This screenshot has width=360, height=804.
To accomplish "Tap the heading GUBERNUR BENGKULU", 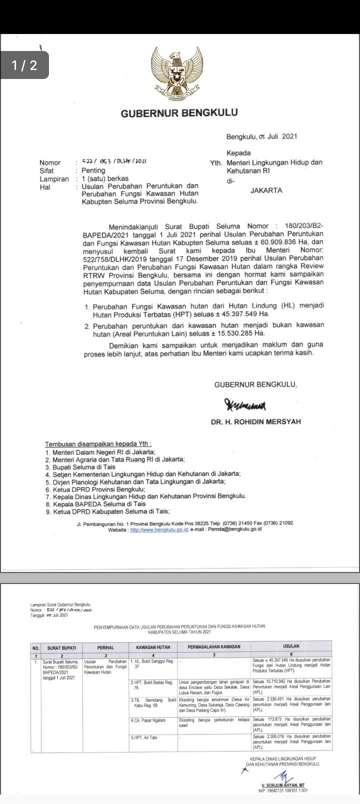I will tap(179, 113).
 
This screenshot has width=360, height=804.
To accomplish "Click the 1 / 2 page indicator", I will tap(24, 65).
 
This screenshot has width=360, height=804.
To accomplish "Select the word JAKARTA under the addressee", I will tap(266, 190).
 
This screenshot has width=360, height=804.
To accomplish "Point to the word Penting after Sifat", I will tap(93, 170).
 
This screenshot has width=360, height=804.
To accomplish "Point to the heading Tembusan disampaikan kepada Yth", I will tap(98, 444).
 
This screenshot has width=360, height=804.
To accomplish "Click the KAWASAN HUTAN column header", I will tap(152, 647).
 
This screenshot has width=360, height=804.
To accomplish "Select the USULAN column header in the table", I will tap(291, 646).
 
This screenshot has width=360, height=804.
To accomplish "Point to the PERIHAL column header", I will tap(105, 647).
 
